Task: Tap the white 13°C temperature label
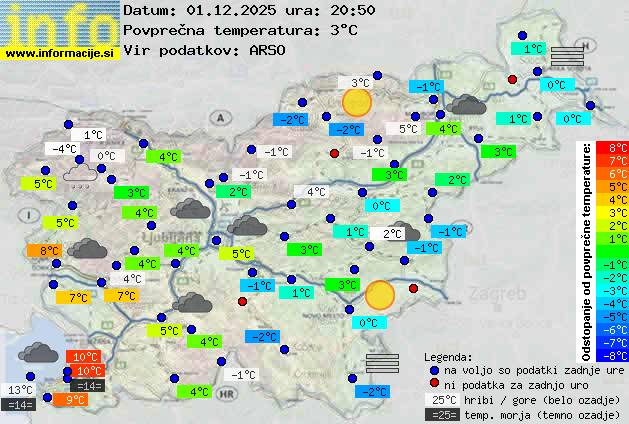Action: [x=20, y=390]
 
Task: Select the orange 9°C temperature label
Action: [x=74, y=399]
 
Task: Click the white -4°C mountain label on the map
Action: [x=63, y=149]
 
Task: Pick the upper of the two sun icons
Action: [x=356, y=102]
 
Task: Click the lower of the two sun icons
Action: [x=380, y=295]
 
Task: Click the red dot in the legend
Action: [x=434, y=384]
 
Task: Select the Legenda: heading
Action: [x=448, y=356]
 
